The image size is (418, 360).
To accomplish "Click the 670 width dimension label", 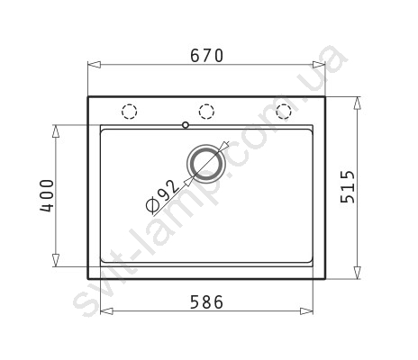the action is [x=207, y=56].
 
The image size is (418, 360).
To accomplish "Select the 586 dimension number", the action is [x=207, y=302].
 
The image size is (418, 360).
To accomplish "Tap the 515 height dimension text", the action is [x=348, y=187].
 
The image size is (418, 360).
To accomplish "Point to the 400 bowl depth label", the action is [x=47, y=196].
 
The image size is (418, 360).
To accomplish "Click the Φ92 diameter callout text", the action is [x=162, y=196].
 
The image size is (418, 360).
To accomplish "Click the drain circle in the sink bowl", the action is [x=205, y=164].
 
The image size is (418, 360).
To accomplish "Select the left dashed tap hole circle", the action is [x=130, y=112].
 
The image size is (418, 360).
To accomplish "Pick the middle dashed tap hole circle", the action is [x=206, y=112].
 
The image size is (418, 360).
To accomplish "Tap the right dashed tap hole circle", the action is [x=284, y=112].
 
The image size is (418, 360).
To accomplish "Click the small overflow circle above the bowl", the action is [x=186, y=125].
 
